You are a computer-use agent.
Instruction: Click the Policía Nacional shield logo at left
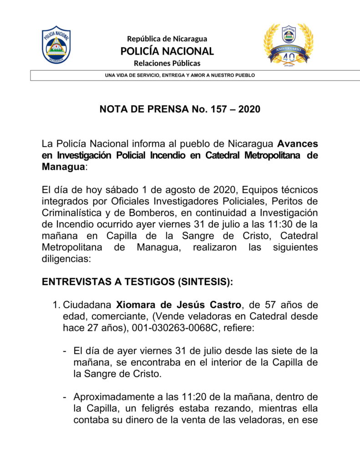point(56,45)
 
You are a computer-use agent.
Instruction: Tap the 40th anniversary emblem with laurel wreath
point(288,45)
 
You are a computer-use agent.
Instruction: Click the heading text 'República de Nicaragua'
point(167,39)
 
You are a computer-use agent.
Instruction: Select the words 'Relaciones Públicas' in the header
point(167,63)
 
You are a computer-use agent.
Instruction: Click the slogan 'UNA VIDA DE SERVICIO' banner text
point(180,75)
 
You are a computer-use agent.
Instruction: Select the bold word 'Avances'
point(298,144)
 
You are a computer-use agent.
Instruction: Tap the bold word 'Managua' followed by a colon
point(63,167)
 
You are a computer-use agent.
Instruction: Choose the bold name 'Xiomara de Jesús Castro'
point(178,304)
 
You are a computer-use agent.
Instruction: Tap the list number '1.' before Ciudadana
point(57,304)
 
